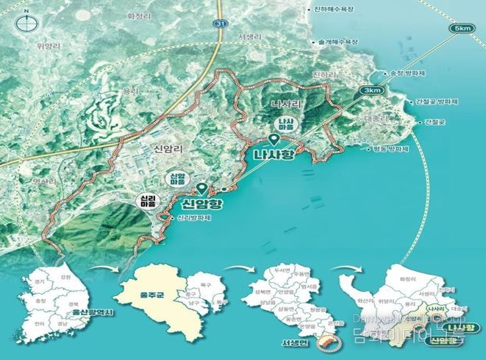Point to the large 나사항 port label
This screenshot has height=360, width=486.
pos(274,156)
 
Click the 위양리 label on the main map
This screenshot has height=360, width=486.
pos(47,45)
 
